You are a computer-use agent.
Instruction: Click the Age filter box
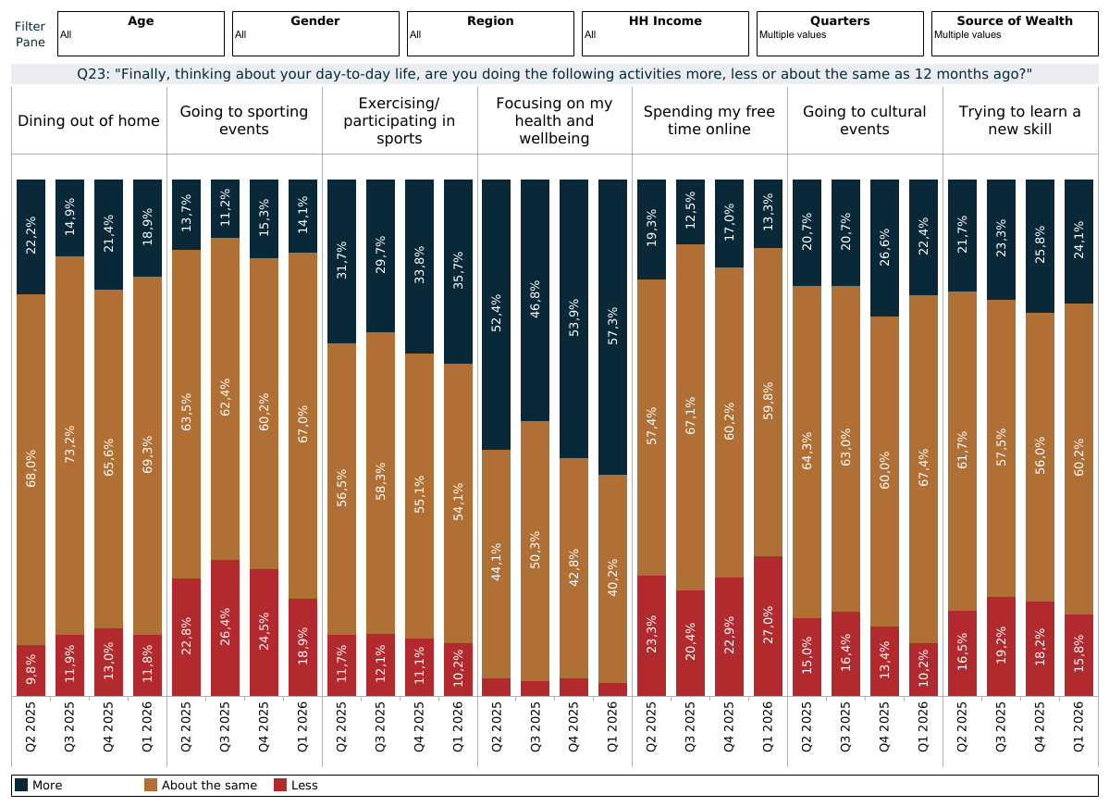pos(141,33)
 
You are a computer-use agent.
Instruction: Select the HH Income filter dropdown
pos(665,33)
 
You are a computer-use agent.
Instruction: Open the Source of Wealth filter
pos(1015,33)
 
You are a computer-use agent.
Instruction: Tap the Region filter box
pos(490,33)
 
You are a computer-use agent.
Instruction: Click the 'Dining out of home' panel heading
pos(89,120)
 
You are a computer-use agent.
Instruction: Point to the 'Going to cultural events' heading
pos(864,120)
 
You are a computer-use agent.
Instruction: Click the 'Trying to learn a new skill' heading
pos(1019,120)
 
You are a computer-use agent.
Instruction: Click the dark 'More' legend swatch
pos(21,785)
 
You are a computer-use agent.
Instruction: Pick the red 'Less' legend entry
pos(296,785)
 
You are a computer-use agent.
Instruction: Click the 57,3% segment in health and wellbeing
pos(612,327)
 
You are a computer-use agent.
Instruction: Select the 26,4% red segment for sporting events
pos(226,627)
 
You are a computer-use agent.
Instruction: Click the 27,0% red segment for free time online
pos(768,626)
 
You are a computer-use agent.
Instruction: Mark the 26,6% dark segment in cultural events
pos(884,248)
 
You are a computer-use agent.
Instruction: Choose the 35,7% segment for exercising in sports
pos(458,271)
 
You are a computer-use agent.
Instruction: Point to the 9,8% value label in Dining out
pos(31,671)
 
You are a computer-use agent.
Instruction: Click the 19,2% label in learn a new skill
pos(1001,647)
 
